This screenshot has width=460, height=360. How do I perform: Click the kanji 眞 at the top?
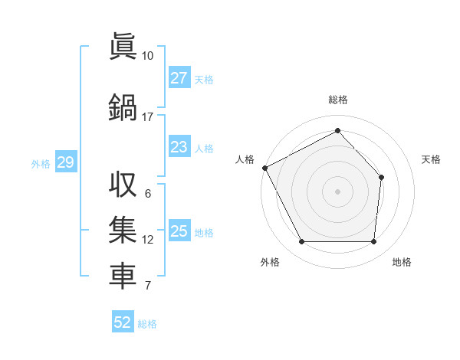[123, 45]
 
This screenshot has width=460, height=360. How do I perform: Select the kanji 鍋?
[123, 106]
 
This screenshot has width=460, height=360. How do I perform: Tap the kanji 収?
[123, 185]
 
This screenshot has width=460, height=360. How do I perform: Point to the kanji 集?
[123, 231]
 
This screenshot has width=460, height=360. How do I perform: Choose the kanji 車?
[123, 277]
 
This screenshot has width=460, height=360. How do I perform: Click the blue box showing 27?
[179, 78]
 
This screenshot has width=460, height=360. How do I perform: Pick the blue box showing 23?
[179, 147]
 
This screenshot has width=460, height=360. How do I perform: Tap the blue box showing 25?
[179, 231]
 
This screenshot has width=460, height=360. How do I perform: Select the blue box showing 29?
[64, 162]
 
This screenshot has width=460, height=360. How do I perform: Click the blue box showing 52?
[122, 322]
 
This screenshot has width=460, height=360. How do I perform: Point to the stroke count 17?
[147, 117]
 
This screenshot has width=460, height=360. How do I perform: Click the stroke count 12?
[147, 240]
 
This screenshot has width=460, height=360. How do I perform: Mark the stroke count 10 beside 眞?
[147, 56]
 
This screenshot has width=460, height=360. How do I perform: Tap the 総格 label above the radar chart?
[337, 100]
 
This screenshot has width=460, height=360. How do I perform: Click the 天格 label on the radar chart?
[432, 159]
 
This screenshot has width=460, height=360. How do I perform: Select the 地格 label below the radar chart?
[402, 262]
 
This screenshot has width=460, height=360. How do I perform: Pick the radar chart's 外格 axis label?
[270, 262]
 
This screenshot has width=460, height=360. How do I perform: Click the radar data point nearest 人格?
[264, 168]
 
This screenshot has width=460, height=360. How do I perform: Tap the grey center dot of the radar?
[337, 191]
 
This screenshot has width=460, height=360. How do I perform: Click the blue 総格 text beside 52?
[147, 323]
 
